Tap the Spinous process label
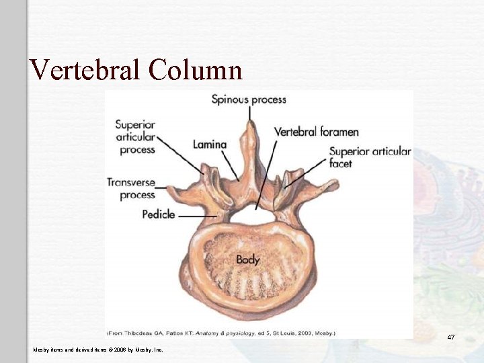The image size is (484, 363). (249, 99)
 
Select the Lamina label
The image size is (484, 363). (210, 145)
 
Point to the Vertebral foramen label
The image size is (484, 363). (316, 132)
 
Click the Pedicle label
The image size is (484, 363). (159, 214)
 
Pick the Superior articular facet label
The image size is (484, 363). (370, 157)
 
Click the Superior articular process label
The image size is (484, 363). (135, 136)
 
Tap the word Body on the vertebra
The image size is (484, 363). (248, 259)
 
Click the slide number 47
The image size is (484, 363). (451, 337)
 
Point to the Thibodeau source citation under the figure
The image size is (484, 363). (221, 332)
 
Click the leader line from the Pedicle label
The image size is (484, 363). (198, 216)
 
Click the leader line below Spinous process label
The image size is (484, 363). (249, 114)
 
